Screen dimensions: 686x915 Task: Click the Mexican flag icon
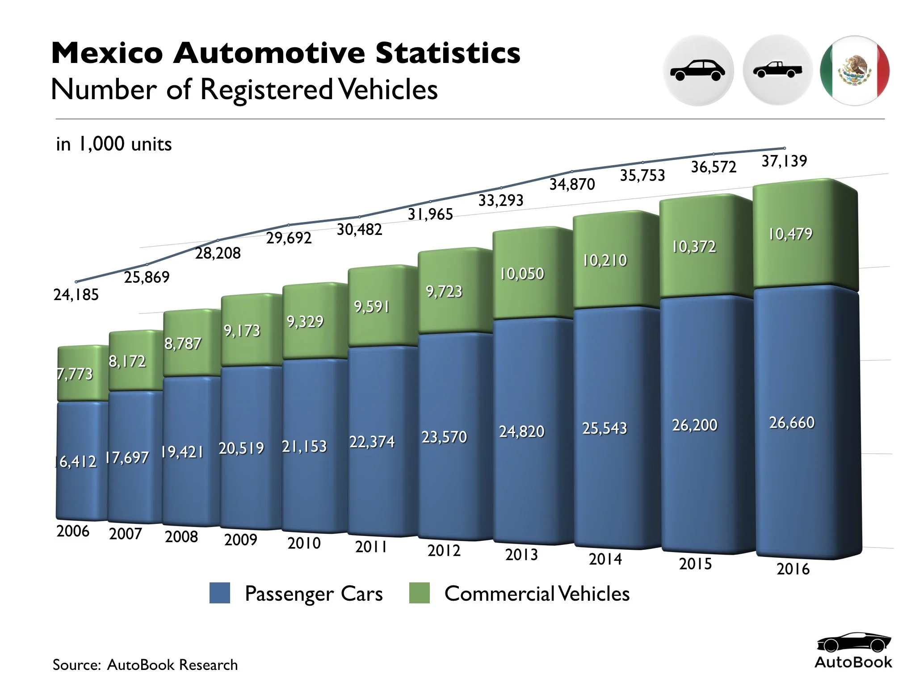tap(855, 71)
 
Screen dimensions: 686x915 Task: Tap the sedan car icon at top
tap(698, 71)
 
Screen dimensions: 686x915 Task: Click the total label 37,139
tap(784, 161)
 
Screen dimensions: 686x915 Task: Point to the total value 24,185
tap(76, 295)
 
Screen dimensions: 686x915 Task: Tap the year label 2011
tap(371, 547)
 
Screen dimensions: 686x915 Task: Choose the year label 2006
tap(73, 531)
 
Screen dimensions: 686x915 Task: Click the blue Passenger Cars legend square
tap(220, 593)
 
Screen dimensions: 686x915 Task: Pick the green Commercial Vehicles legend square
tap(419, 593)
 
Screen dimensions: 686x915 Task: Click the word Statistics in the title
tap(448, 53)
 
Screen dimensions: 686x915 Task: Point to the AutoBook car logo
tap(853, 643)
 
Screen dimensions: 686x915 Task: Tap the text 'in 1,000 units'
tap(114, 144)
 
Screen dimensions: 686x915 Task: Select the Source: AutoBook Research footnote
tap(145, 665)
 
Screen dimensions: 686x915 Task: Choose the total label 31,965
tap(430, 214)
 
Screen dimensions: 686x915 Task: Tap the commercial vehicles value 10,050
tap(522, 274)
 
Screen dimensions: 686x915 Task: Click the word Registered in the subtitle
tap(266, 89)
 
